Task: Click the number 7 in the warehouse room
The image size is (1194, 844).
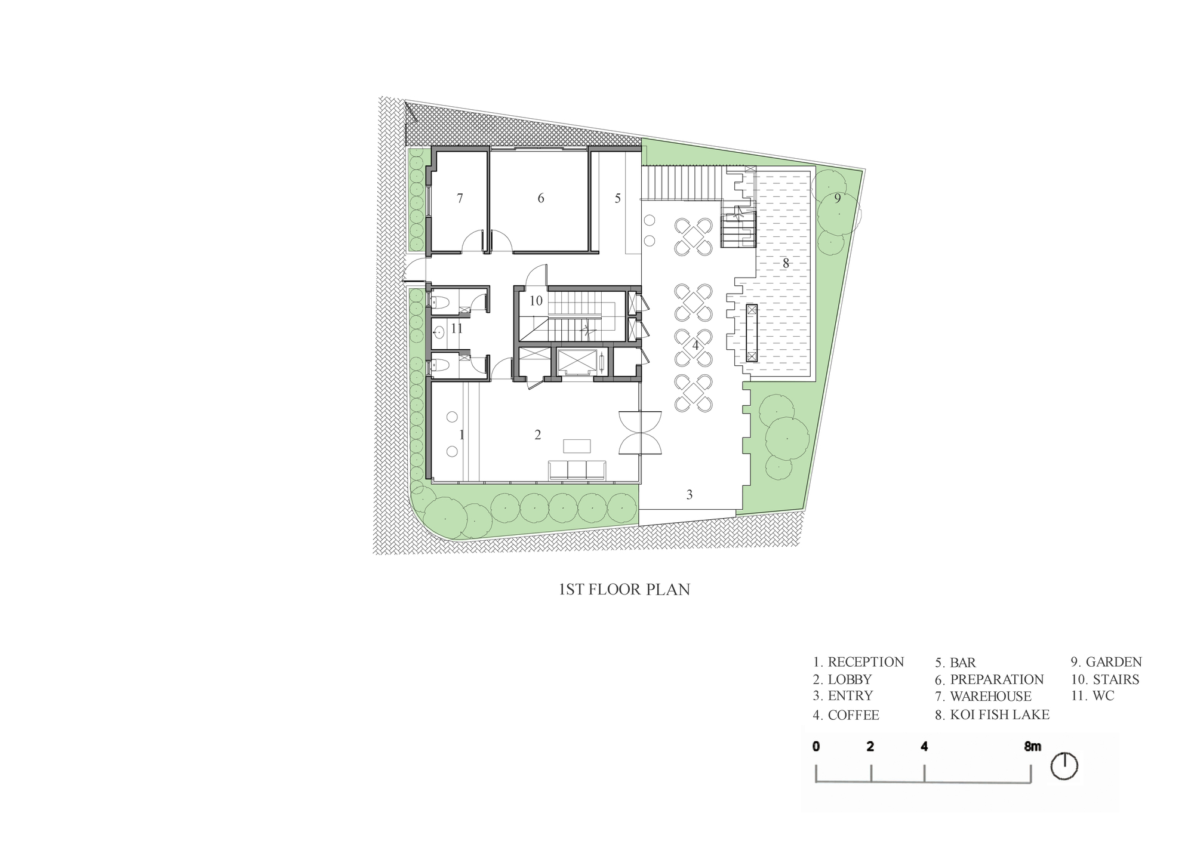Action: (x=460, y=198)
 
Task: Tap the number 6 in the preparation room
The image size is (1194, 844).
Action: (x=541, y=198)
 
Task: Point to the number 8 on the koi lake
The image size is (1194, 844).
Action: (x=786, y=263)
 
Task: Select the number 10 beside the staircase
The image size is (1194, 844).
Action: (x=536, y=301)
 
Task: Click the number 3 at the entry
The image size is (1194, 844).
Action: (x=690, y=495)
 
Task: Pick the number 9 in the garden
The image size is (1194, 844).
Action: (x=838, y=198)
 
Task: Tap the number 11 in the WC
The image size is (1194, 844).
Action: (x=457, y=328)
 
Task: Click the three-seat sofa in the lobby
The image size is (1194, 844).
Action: (x=577, y=470)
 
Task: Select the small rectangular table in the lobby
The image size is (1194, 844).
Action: (x=577, y=446)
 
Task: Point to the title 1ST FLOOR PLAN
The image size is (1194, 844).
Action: (x=624, y=590)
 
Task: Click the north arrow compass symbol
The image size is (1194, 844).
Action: (x=1064, y=766)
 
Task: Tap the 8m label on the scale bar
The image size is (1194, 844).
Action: (x=1032, y=747)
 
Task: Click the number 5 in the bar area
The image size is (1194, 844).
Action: (x=618, y=198)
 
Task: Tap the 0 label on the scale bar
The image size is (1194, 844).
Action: (x=816, y=747)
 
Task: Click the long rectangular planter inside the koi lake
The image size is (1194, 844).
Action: (x=752, y=333)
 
